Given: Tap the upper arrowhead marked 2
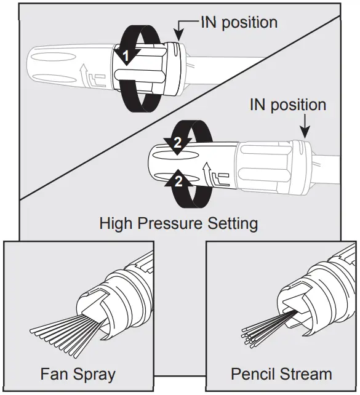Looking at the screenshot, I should pos(177,143).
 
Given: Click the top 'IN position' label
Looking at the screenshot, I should pos(238,22).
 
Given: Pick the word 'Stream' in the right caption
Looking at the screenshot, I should pos(305,373).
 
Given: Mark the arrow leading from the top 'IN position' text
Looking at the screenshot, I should pos(182,30).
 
